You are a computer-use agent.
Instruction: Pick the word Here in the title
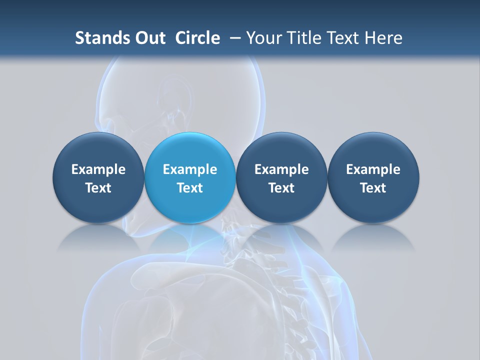click(x=383, y=38)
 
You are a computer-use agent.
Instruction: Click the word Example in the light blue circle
click(x=190, y=169)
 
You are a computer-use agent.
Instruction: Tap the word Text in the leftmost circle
click(x=98, y=188)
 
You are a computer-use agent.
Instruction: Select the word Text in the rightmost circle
click(x=373, y=188)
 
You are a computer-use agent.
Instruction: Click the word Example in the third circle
click(x=281, y=169)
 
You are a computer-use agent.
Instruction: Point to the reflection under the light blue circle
click(x=190, y=237)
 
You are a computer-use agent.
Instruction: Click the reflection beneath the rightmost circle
click(x=373, y=237)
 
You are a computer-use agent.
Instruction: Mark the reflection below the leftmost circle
click(x=98, y=237)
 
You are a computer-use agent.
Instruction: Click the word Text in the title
click(x=345, y=38)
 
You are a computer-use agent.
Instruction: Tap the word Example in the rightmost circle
click(x=373, y=169)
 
